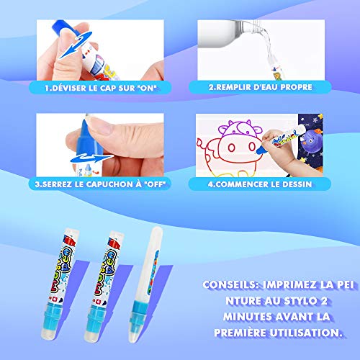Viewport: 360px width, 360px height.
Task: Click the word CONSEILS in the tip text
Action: click(230, 285)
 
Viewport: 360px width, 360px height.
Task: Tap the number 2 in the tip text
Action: click(324, 301)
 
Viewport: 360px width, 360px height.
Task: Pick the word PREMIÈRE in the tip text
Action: click(240, 333)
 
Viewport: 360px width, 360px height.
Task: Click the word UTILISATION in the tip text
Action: click(306, 333)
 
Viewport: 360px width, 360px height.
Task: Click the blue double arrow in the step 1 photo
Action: click(75, 45)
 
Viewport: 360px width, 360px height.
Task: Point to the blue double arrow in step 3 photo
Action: click(91, 158)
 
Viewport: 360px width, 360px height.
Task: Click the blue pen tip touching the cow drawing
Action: click(259, 150)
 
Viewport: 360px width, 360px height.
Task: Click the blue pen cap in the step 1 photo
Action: click(63, 28)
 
